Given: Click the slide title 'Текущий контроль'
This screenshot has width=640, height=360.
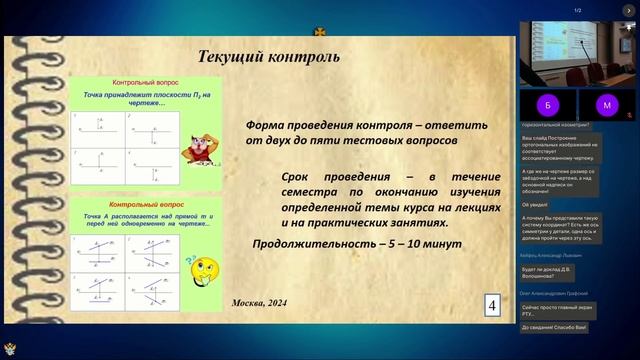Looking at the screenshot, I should point(269,56).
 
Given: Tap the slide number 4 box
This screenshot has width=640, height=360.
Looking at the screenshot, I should point(492,305).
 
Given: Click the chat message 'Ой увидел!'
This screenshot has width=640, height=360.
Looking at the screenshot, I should point(534,204).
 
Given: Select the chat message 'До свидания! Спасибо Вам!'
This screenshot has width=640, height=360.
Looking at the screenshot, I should point(555,327).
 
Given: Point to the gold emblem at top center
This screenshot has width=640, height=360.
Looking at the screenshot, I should point(320,31).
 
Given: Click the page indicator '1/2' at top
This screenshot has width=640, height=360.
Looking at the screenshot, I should point(578,10).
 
